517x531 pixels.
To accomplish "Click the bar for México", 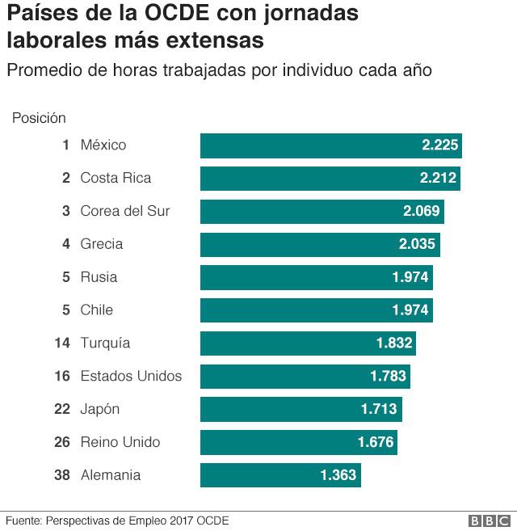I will [x=330, y=145].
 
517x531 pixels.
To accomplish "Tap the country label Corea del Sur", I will [x=124, y=212].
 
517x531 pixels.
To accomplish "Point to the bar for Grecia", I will [x=320, y=245].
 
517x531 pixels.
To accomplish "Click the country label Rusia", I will [x=99, y=277].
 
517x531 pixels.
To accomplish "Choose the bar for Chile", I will [x=316, y=310].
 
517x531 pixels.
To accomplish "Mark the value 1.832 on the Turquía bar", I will [x=394, y=343].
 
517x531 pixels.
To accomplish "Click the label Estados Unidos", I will [x=131, y=377].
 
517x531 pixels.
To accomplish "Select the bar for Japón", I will [x=301, y=410].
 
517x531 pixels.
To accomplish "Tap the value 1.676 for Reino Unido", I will [x=375, y=443].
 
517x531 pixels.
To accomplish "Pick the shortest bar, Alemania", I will [x=280, y=475].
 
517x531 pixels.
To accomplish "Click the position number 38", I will [x=62, y=475].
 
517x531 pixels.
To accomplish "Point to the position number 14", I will [x=62, y=343].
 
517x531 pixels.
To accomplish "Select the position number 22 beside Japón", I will [x=62, y=410].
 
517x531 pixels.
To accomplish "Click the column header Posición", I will [x=39, y=118].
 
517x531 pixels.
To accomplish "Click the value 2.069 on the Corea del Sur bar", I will [x=421, y=212].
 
